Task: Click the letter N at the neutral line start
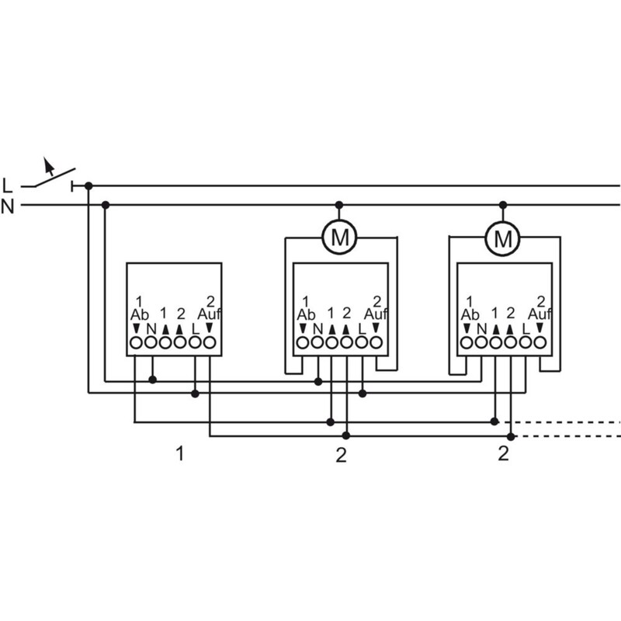(x=8, y=206)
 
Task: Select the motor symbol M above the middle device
(x=339, y=238)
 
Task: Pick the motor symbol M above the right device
(x=503, y=238)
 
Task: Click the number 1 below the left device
(x=180, y=453)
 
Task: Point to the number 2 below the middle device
(x=340, y=455)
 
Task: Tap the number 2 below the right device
(x=503, y=453)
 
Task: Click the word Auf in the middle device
(x=376, y=314)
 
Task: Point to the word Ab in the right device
(x=470, y=314)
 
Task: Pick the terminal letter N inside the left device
(x=151, y=328)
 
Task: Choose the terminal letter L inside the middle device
(x=362, y=328)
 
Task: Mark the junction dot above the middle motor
(x=338, y=205)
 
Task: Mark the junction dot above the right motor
(x=503, y=205)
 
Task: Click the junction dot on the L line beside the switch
(x=88, y=186)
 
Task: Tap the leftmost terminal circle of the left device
(x=136, y=342)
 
